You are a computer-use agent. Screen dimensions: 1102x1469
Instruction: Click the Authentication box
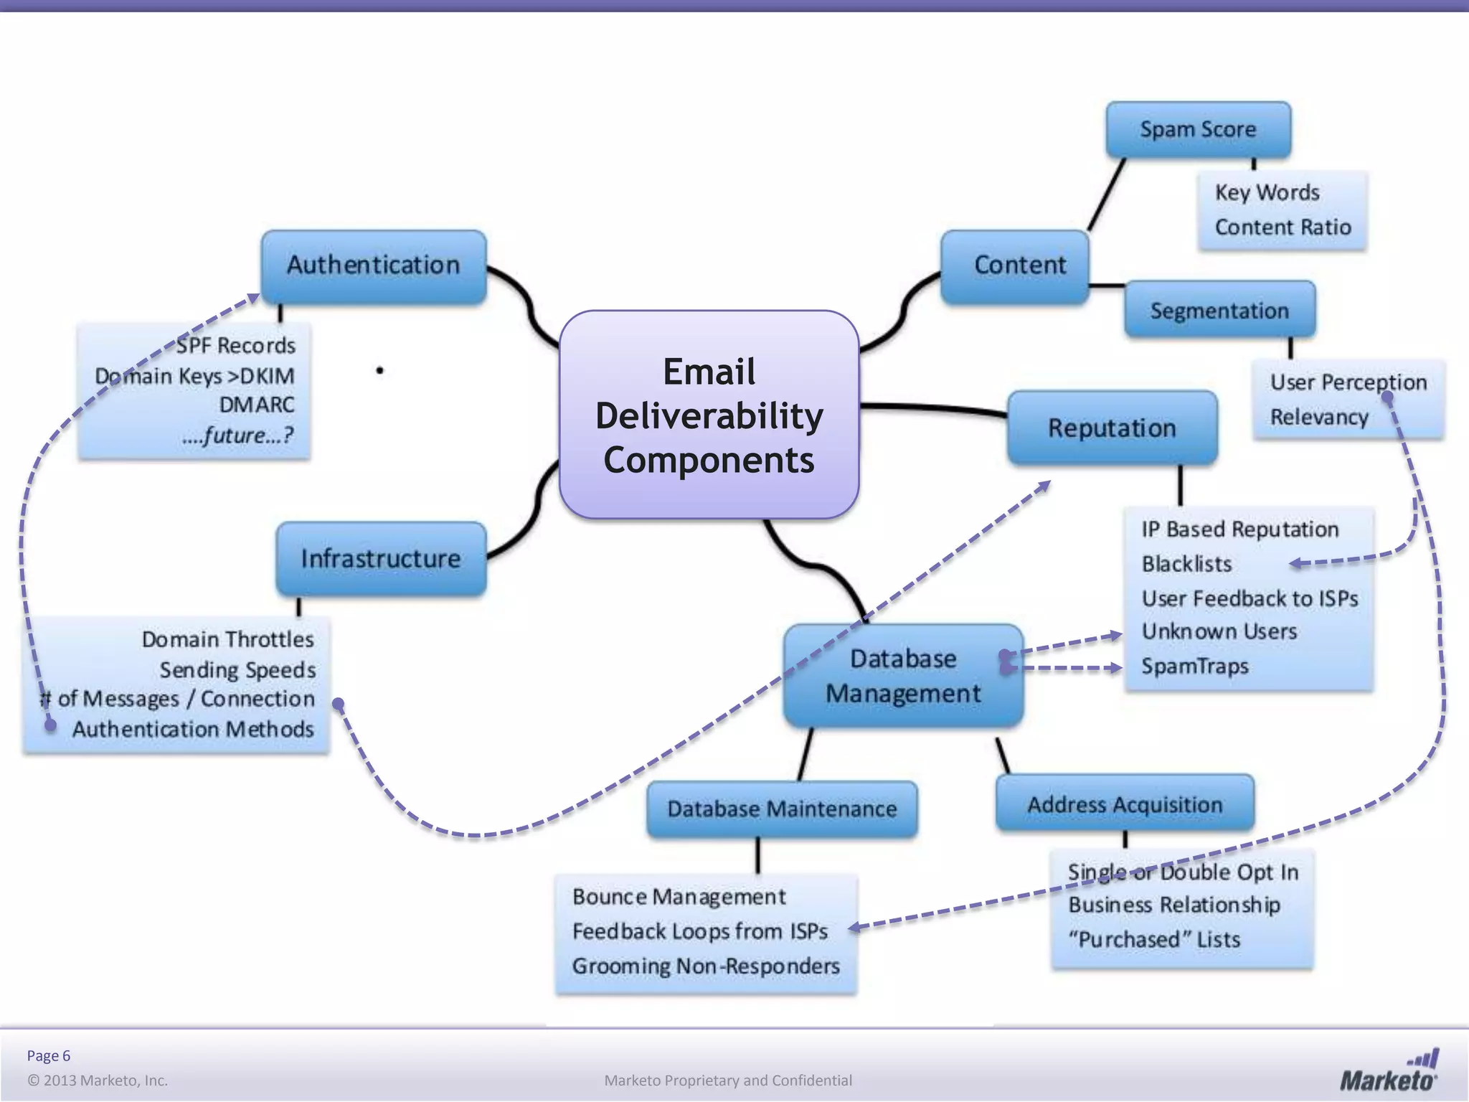coord(374,265)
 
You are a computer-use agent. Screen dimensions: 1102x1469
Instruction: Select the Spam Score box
coord(1198,130)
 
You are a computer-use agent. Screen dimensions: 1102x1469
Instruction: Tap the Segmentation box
coord(1219,311)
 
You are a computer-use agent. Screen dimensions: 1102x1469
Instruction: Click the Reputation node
coord(1112,428)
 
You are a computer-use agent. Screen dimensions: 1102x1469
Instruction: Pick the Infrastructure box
coord(381,558)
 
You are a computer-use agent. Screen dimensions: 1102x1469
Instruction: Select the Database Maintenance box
coord(782,809)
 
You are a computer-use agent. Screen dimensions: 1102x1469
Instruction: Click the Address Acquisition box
coord(1125,804)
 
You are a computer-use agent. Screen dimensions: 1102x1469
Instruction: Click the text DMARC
coord(257,405)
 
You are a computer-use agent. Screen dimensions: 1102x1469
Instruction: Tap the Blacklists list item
coord(1186,564)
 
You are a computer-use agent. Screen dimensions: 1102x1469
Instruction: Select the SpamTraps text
coord(1195,666)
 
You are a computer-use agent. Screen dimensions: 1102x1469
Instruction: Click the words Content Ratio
coord(1283,227)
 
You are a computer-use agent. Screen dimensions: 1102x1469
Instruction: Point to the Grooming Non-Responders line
coord(706,966)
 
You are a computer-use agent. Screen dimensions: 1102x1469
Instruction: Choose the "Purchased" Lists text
coord(1154,939)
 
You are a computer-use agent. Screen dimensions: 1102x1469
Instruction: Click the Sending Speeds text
coord(237,670)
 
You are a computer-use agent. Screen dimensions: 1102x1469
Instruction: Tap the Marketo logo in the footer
coord(1389,1072)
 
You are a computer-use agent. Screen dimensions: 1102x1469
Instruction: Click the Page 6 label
coord(49,1055)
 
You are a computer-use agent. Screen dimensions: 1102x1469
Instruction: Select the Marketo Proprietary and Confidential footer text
coord(728,1080)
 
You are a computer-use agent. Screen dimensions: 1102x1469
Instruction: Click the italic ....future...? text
coord(237,435)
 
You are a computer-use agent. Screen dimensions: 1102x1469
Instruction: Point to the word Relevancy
coord(1319,417)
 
